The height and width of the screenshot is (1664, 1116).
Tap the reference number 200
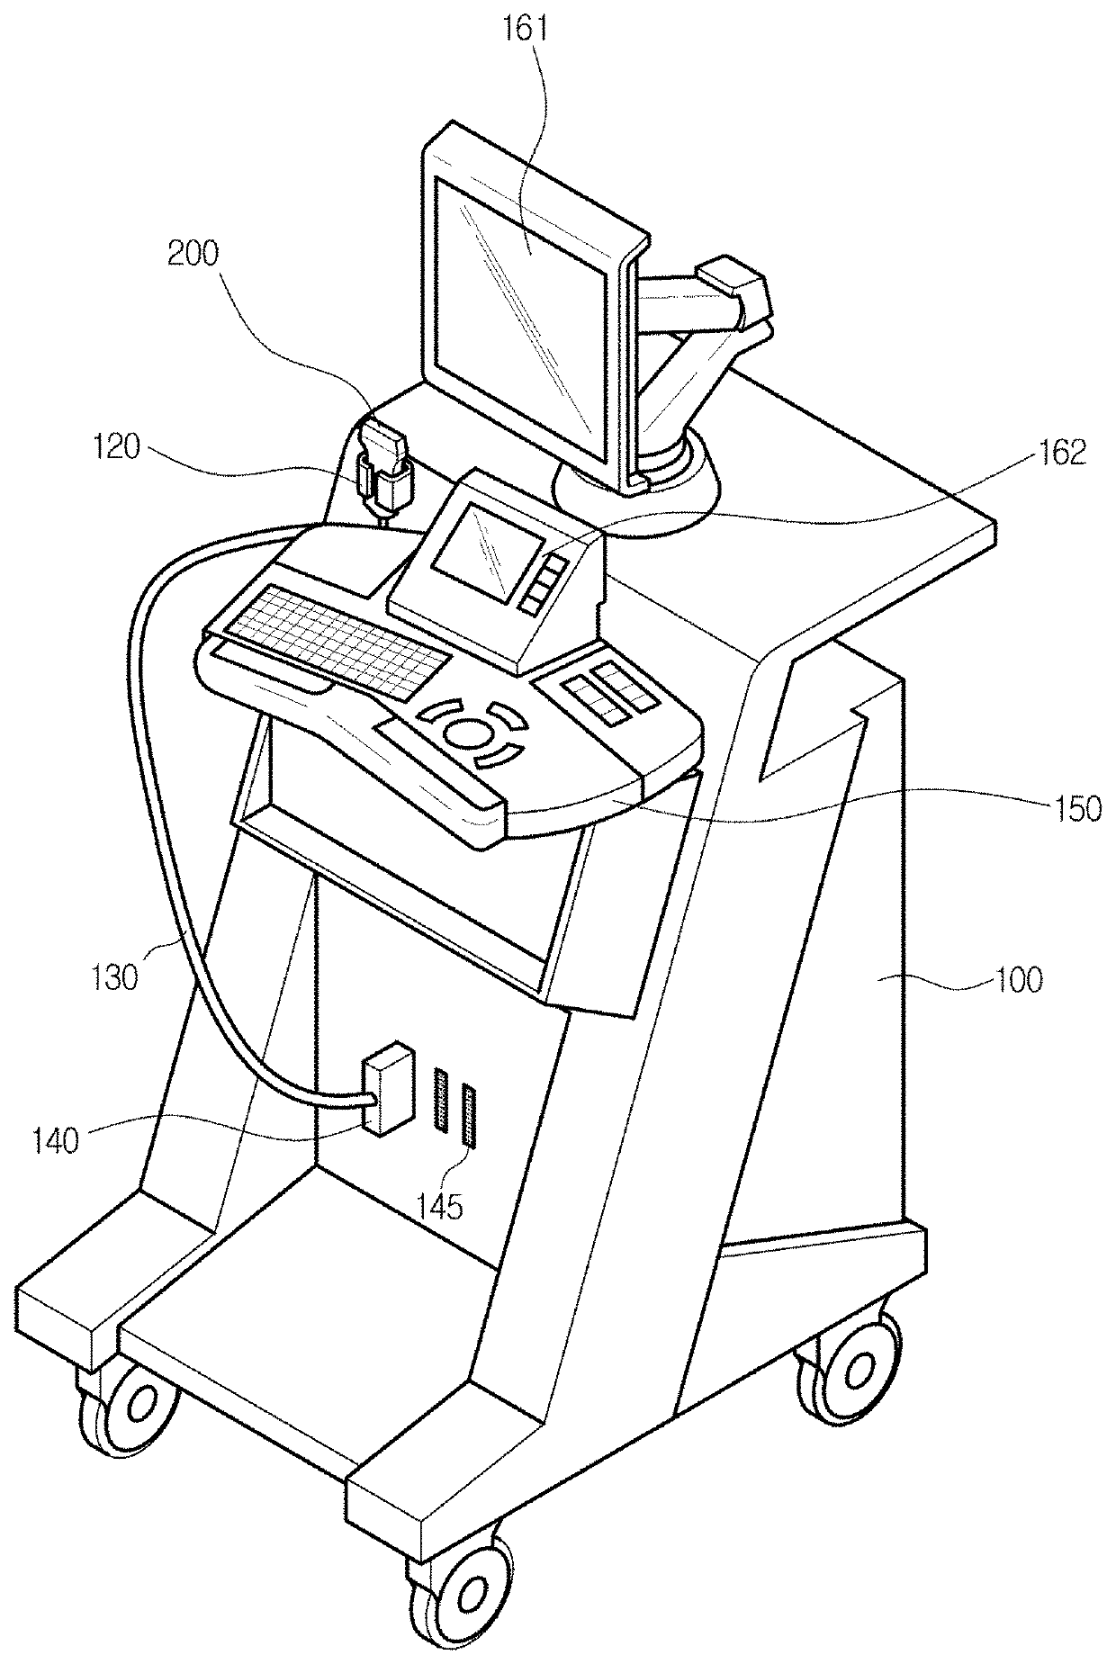coord(193,255)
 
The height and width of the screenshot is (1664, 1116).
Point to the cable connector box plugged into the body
coord(385,1091)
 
